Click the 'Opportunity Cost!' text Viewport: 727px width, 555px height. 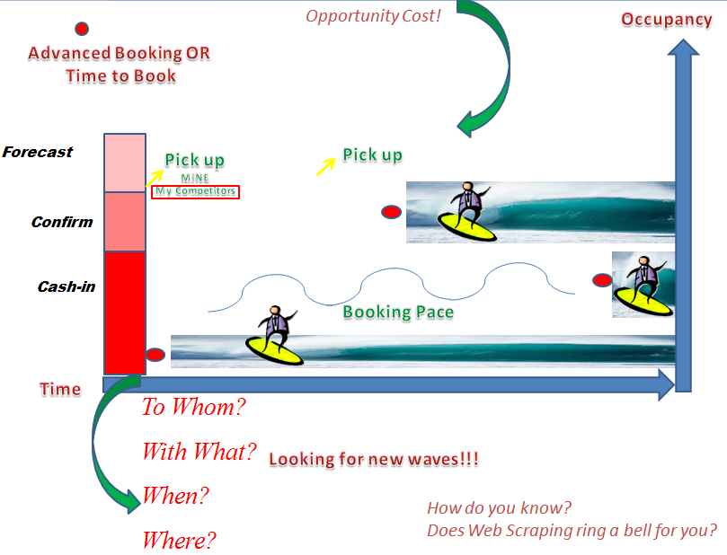click(373, 15)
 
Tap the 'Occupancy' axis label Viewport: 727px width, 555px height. click(666, 20)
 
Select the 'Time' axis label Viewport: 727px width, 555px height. click(60, 389)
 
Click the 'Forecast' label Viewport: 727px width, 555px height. click(38, 152)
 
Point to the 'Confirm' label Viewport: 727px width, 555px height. click(62, 222)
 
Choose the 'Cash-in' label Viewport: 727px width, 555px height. click(66, 287)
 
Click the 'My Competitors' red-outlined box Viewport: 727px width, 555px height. click(195, 191)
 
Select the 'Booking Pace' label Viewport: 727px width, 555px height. click(398, 313)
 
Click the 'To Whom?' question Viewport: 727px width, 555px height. click(193, 407)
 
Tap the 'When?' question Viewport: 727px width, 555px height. click(175, 495)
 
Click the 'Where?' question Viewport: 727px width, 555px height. click(180, 541)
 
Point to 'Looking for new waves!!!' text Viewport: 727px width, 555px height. click(374, 460)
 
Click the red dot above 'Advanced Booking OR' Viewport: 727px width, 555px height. click(82, 29)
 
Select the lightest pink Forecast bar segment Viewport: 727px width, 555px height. click(125, 163)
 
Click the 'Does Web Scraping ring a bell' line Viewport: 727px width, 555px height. click(572, 530)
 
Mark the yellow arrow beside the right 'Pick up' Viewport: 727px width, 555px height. click(324, 166)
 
